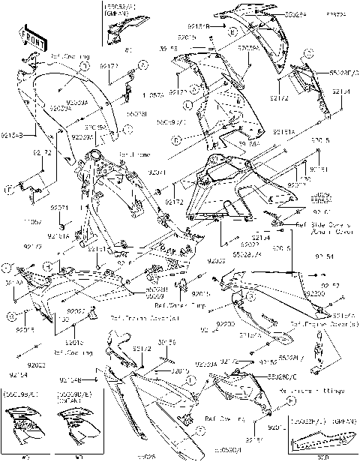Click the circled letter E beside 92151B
(233, 31)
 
